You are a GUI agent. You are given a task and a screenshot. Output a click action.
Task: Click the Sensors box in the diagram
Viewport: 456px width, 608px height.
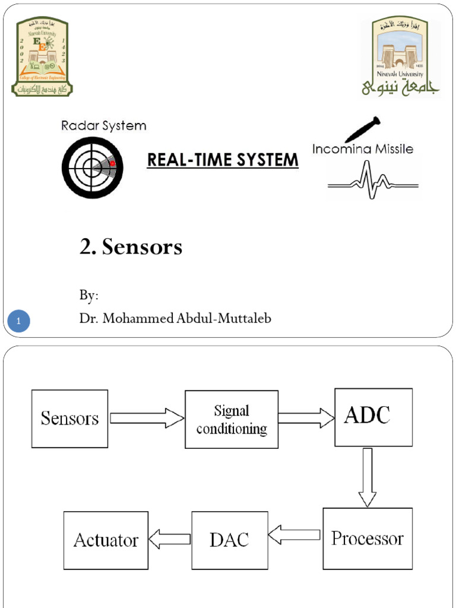pos(69,419)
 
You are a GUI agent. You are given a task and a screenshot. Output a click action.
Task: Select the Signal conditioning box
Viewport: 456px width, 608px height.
pos(232,419)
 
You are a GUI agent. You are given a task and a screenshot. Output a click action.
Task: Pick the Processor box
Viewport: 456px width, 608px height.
pos(367,539)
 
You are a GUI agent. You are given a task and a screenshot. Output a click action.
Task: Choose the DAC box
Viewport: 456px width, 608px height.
pos(229,540)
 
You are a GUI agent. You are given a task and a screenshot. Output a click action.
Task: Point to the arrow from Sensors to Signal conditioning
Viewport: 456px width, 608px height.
pos(147,417)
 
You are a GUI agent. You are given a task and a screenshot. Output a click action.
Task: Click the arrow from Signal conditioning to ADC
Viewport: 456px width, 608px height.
pos(306,417)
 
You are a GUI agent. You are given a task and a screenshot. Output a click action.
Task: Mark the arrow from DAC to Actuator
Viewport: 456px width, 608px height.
pos(169,539)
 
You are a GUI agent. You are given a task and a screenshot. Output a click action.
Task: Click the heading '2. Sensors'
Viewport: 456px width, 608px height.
pos(131,248)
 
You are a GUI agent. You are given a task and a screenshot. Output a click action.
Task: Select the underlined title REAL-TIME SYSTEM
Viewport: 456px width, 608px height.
pos(223,160)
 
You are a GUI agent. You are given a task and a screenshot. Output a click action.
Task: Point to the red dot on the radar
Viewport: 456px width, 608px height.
pos(112,163)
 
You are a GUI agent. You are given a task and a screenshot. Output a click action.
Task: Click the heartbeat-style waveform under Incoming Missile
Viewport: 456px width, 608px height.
pos(373,181)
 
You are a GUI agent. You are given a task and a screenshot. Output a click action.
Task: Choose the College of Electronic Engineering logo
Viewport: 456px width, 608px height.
pos(41,56)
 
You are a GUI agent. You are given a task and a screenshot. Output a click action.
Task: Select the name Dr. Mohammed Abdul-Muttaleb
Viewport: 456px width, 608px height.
pos(175,318)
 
